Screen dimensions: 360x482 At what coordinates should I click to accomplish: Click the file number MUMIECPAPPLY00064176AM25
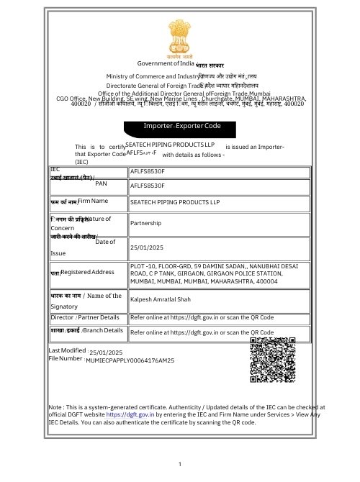coord(130,359)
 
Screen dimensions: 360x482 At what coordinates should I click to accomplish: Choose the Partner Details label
coord(100,317)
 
